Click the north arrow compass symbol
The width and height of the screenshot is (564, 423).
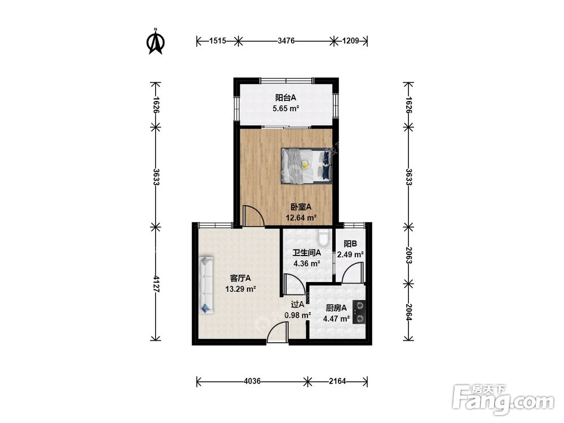156,41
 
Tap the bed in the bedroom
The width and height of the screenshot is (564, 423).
306,165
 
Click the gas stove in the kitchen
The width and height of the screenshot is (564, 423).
359,312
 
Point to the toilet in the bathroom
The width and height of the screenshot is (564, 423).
323,236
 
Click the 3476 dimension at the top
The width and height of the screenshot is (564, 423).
286,41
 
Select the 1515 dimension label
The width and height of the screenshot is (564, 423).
218,41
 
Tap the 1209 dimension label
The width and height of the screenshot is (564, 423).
350,41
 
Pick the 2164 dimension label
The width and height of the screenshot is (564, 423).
337,381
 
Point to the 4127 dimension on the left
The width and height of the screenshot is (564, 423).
156,284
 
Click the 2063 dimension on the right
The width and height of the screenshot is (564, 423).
408,255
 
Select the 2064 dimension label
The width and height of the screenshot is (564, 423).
408,312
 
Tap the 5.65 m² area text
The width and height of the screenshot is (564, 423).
286,108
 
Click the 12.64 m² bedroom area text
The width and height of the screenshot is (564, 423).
301,218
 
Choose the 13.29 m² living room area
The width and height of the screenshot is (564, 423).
241,289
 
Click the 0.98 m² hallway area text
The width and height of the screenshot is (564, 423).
298,315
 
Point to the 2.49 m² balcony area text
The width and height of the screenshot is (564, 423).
350,255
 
